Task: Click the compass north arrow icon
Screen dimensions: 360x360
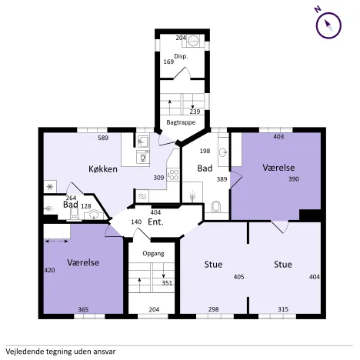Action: [x=328, y=25]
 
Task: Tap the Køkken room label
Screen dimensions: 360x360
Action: [x=103, y=169]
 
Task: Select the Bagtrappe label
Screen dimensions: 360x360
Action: [x=181, y=122]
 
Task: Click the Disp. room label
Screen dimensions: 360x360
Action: [x=181, y=56]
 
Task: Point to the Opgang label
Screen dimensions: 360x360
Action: [x=153, y=254]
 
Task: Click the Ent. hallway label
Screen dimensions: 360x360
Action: [x=155, y=222]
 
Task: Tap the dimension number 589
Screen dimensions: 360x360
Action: [x=103, y=138]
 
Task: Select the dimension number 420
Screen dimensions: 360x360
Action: [x=49, y=270]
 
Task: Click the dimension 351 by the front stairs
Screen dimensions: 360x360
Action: [x=167, y=283]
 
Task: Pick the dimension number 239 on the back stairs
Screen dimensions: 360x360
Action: [x=195, y=112]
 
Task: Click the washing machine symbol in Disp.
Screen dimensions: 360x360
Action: [x=193, y=41]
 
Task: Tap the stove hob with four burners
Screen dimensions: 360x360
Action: [x=173, y=175]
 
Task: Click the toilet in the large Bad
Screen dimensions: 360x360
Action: [x=216, y=207]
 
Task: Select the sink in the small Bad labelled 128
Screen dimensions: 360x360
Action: [x=94, y=215]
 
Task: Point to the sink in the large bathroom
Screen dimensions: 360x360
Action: [x=223, y=152]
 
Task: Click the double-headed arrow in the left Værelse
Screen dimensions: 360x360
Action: [x=56, y=241]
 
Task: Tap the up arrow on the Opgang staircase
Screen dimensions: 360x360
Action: [x=139, y=285]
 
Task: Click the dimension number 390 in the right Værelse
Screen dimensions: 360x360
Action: [x=294, y=178]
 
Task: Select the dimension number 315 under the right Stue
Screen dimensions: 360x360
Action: [x=283, y=309]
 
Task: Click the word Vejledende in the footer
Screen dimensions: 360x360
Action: [x=25, y=352]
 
